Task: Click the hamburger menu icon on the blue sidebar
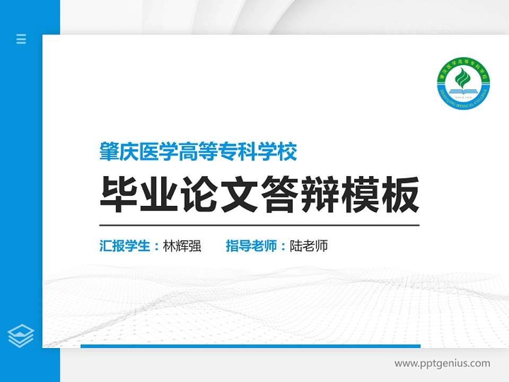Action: click(21, 39)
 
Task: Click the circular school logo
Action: click(464, 84)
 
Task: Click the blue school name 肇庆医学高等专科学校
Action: click(198, 152)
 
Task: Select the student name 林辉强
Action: click(182, 246)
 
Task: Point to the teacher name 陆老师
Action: click(309, 246)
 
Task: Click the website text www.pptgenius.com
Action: click(442, 363)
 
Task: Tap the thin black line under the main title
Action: click(259, 225)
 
